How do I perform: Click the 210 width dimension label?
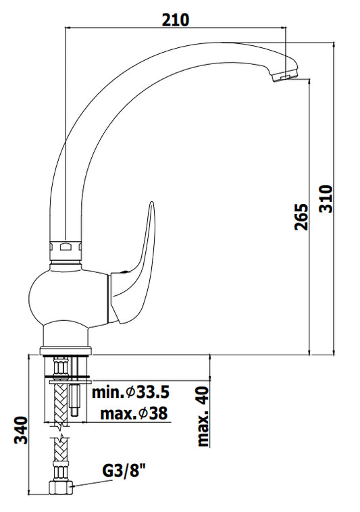coord(176,20)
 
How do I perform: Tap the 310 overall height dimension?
coord(326,199)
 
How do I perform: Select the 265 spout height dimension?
coord(301,217)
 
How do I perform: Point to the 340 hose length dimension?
coord(22,430)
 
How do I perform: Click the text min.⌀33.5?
coord(130,392)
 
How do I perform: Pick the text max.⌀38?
coord(134,413)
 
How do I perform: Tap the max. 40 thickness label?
coord(203,417)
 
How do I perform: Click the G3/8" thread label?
coord(124,471)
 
